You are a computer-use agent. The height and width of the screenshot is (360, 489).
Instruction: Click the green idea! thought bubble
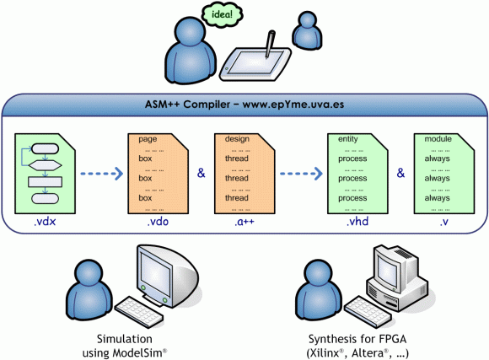[x=222, y=14]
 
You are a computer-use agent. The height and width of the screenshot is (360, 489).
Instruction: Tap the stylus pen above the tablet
[x=270, y=44]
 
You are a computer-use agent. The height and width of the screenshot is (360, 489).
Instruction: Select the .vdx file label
[x=45, y=222]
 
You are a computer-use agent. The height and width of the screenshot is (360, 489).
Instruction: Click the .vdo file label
[x=158, y=222]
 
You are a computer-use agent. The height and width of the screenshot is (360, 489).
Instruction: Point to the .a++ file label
[x=244, y=222]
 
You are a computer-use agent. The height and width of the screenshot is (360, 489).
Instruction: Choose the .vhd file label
[x=357, y=222]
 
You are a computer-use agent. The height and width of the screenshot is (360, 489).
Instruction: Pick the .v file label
[x=444, y=222]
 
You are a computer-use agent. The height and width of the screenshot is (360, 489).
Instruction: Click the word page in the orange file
[x=148, y=139]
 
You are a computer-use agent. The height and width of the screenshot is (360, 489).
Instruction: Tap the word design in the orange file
[x=237, y=139]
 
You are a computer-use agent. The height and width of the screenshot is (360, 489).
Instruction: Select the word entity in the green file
[x=348, y=139]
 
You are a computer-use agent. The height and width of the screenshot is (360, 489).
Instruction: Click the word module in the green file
[x=438, y=139]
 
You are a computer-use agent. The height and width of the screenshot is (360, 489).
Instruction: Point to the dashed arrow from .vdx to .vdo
[x=102, y=174]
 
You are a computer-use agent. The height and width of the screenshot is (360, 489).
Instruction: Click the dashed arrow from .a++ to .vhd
[x=301, y=174]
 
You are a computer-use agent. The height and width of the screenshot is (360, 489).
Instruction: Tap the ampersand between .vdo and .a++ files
[x=202, y=173]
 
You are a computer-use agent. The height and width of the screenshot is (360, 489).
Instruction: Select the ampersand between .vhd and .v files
[x=400, y=173]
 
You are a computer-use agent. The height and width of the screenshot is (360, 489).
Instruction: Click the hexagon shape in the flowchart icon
[x=46, y=165]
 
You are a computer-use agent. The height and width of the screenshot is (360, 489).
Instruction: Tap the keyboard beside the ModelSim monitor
[x=139, y=312]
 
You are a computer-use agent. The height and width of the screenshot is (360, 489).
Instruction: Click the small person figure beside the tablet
[x=307, y=30]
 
